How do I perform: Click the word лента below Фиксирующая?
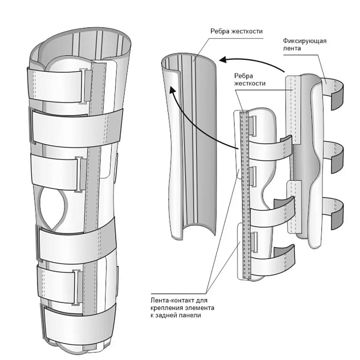(x=291, y=50)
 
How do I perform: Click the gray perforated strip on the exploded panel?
(x=245, y=194)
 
